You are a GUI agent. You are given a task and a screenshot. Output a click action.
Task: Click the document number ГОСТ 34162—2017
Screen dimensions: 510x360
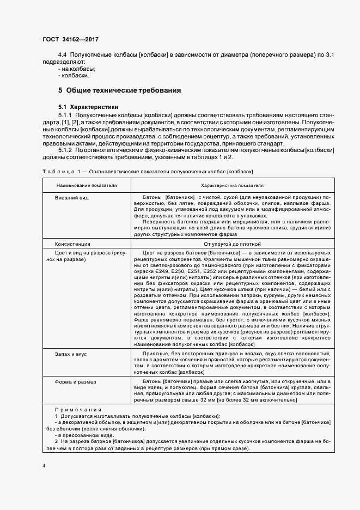(70, 39)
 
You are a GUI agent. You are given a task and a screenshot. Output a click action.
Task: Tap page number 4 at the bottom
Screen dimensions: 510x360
(45, 466)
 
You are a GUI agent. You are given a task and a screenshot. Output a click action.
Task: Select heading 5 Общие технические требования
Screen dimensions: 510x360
(119, 90)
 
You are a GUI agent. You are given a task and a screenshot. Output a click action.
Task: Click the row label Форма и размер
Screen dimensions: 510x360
(75, 382)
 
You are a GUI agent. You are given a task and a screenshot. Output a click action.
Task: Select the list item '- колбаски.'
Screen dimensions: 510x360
(74, 76)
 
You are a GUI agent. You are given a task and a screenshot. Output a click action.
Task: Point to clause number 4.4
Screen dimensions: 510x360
(63, 55)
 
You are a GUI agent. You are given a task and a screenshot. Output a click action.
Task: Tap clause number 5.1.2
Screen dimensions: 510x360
(65, 149)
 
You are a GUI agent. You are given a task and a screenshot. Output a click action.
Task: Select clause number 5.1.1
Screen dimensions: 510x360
(65, 115)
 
